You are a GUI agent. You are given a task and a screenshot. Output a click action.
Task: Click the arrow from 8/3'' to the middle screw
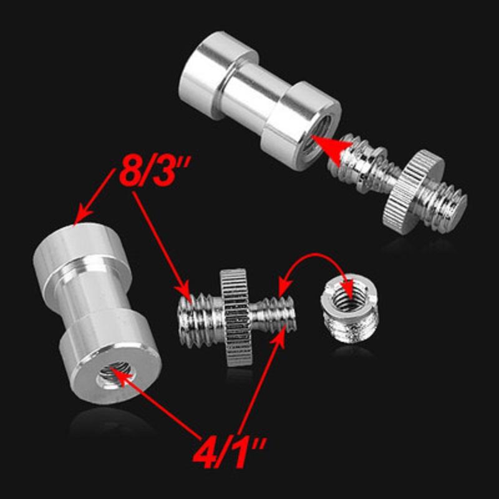(x=162, y=243)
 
